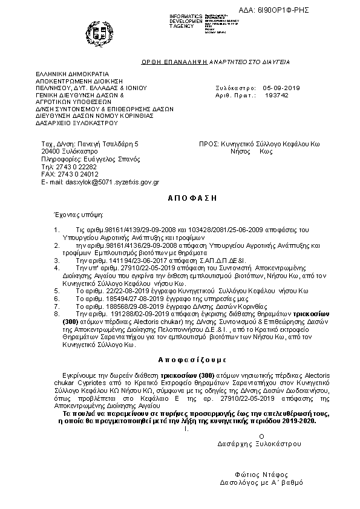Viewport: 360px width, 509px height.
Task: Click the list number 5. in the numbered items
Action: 56,290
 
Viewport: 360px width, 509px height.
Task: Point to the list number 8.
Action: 56,314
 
